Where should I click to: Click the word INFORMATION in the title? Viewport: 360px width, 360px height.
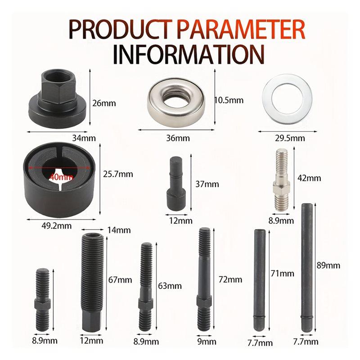click(x=188, y=53)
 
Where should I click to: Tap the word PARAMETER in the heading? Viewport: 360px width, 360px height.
click(x=236, y=29)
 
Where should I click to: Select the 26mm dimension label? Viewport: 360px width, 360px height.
click(x=103, y=103)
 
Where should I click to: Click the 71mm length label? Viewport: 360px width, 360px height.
click(x=282, y=273)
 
